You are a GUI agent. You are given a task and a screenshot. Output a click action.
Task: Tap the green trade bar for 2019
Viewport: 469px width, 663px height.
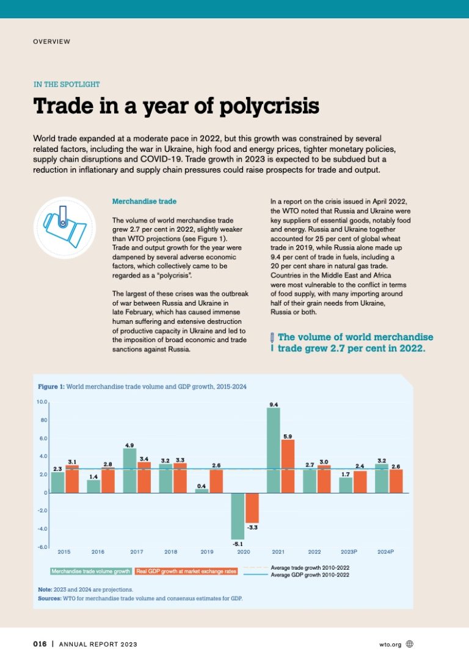coord(202,490)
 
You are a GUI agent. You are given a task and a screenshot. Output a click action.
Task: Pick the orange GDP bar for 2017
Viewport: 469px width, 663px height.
coord(144,477)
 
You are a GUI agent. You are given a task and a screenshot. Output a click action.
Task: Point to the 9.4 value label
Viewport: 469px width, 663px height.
coord(274,404)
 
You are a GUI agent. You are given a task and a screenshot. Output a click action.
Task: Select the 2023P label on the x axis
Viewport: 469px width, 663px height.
coord(349,552)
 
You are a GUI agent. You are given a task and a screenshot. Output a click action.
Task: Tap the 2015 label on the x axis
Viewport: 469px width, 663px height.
coord(64,552)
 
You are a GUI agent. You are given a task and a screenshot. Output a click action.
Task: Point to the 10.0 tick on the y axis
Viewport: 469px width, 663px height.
coord(41,402)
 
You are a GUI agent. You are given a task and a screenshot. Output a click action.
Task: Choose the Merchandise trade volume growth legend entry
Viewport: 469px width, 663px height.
coord(90,572)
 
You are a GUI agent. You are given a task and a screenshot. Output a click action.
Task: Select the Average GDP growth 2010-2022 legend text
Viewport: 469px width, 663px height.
coord(310,575)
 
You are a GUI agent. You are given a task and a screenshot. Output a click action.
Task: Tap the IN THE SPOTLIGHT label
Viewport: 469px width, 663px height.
coord(67,84)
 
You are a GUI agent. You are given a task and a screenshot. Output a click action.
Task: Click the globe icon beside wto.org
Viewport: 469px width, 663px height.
coord(410,644)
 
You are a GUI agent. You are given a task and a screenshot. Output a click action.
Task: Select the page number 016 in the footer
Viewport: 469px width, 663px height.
coord(40,645)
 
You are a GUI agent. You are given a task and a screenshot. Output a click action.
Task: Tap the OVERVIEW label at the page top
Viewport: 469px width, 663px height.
coord(52,41)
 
